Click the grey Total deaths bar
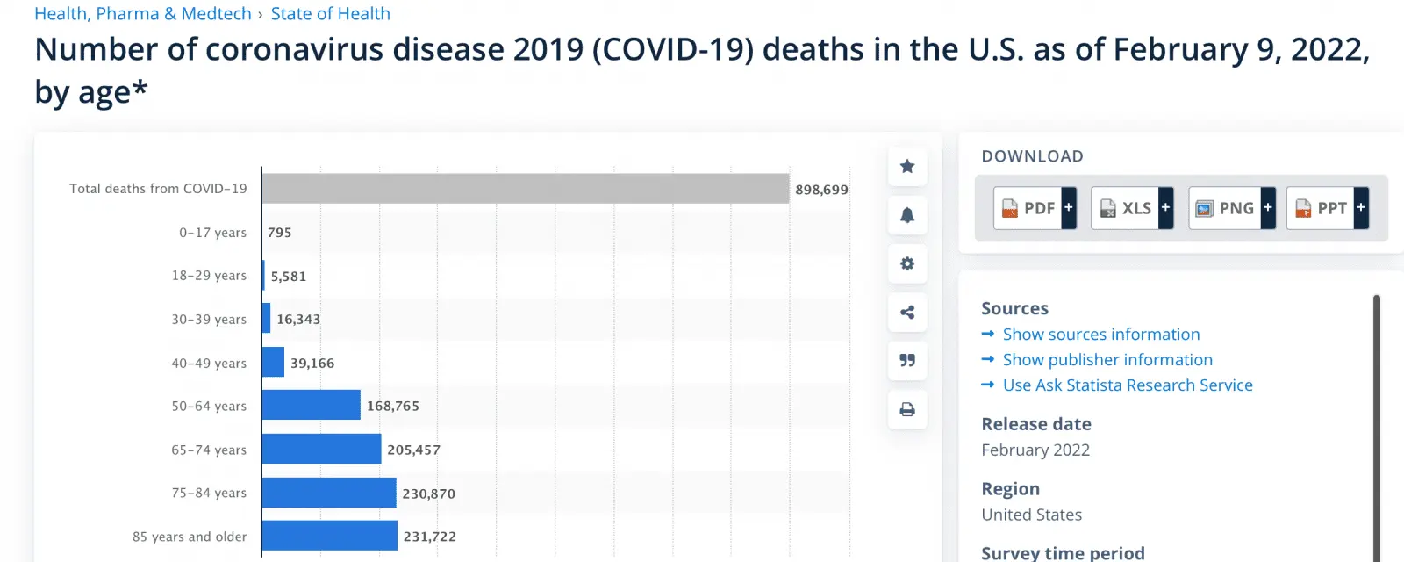525,189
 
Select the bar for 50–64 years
311,406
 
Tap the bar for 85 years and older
329,536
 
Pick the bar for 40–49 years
273,362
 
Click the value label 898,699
821,190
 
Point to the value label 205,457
413,450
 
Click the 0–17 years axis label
212,233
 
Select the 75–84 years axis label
209,493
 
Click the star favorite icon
907,166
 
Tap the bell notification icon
907,215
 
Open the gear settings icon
907,263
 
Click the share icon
907,312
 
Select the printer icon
907,409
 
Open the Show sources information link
1100,335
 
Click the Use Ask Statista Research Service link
1127,385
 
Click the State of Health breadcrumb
330,14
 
